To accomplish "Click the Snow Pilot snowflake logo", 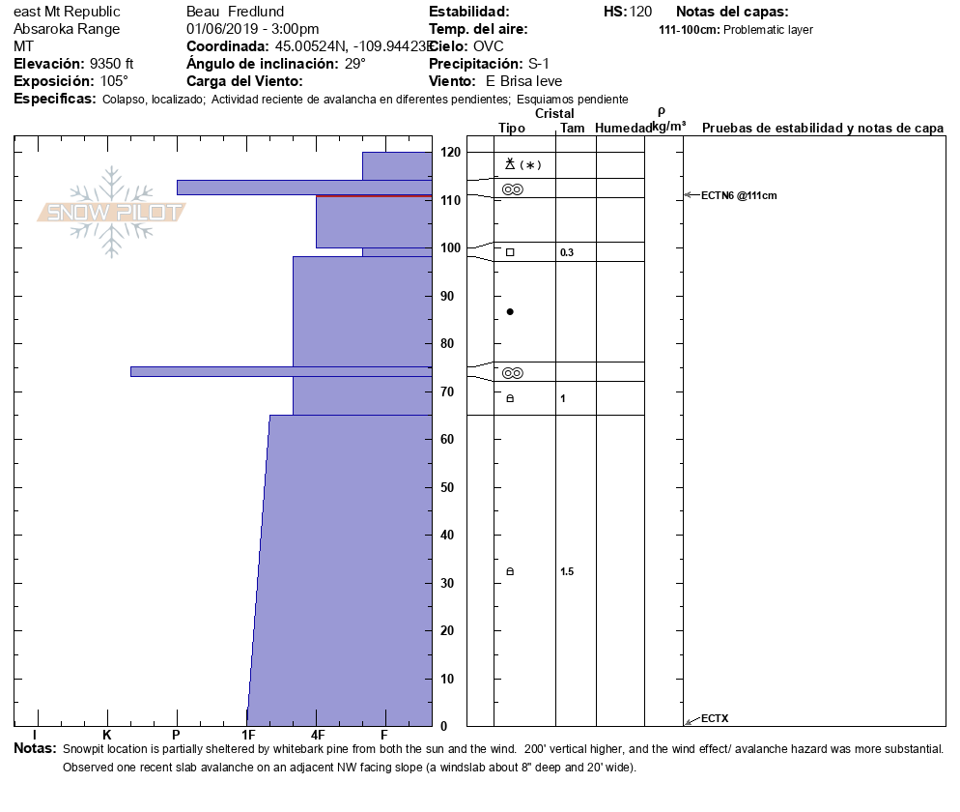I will point(112,212).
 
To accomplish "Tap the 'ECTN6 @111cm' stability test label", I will point(739,196).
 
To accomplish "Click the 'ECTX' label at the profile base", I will point(715,718).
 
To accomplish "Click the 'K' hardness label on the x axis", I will point(106,736).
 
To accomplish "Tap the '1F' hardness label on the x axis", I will point(247,736).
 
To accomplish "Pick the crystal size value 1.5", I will point(567,571).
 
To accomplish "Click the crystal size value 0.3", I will point(567,252).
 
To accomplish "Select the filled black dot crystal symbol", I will point(510,311).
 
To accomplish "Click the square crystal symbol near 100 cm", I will point(510,252).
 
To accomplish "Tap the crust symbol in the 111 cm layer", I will point(512,189).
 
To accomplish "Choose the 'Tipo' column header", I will point(511,129).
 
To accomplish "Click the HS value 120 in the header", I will point(640,12).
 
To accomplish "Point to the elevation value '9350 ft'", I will point(111,64).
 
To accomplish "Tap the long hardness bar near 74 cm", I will point(280,371).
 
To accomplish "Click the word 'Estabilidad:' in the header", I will point(468,12).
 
